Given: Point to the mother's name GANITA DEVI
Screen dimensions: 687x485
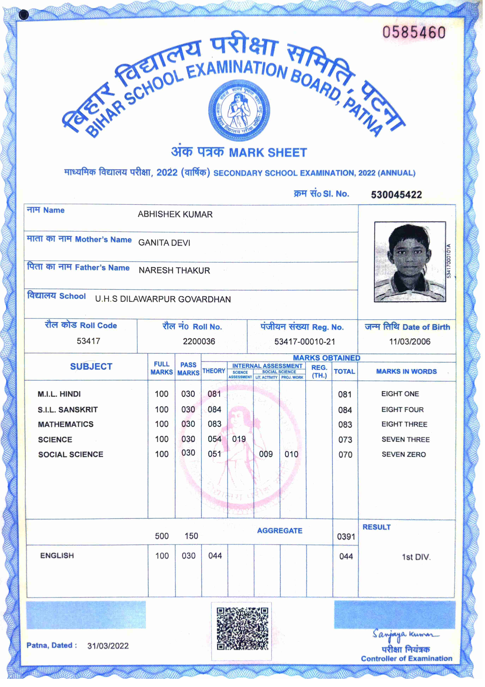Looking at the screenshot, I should [x=164, y=243].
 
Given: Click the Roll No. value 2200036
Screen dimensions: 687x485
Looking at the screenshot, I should [x=199, y=341].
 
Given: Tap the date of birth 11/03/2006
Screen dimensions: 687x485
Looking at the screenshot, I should [x=409, y=342].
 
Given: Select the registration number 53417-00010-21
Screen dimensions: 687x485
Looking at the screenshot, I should [x=304, y=342].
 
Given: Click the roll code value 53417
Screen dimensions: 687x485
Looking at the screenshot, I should [x=88, y=341].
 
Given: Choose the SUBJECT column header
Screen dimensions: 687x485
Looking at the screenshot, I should [x=91, y=367].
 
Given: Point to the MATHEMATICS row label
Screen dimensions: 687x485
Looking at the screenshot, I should [x=66, y=424].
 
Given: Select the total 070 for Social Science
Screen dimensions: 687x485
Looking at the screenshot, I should [x=345, y=455].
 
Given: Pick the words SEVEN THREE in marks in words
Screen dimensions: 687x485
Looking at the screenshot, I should [x=406, y=439].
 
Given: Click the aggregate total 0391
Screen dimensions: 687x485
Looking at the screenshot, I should [x=346, y=536].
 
